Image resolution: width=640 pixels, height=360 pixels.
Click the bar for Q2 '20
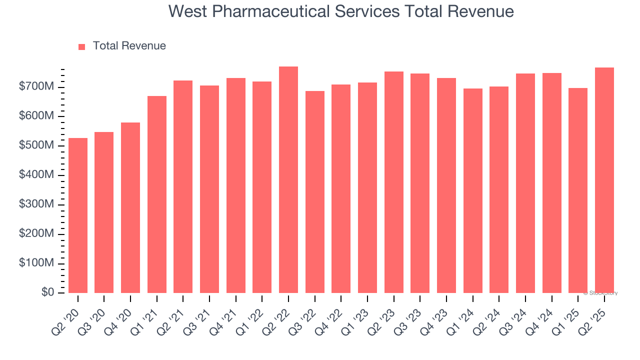click(78, 215)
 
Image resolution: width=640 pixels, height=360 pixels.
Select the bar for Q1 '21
click(157, 194)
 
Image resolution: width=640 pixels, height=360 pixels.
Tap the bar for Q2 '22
click(288, 180)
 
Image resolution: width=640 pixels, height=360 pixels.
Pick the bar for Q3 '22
click(315, 192)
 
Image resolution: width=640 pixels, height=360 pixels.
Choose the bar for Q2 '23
click(394, 182)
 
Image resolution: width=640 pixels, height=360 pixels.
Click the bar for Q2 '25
click(604, 180)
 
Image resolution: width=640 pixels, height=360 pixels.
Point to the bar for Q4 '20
click(130, 208)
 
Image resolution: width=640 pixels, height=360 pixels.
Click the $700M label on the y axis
click(36, 87)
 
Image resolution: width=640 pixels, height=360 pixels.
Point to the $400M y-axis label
click(36, 175)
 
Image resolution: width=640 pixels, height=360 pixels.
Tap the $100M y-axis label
click(36, 263)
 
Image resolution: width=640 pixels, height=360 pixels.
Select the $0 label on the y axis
click(47, 292)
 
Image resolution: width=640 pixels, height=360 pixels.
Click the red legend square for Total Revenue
click(82, 46)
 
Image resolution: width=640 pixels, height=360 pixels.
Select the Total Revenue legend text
click(129, 46)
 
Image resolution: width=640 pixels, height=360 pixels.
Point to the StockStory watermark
click(600, 293)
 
